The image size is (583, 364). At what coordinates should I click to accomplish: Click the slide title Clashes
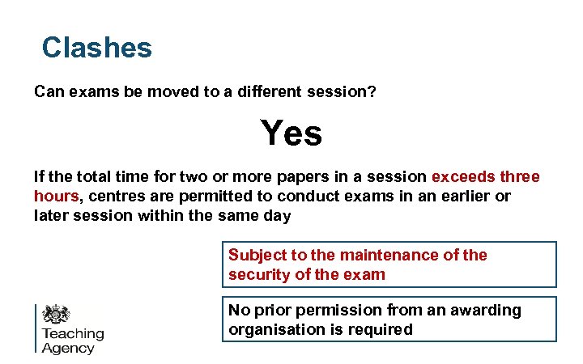point(97,48)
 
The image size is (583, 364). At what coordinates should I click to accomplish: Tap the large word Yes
point(291,133)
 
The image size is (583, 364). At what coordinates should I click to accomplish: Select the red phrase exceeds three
point(486,177)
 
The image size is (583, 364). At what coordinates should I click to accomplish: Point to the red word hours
point(56,197)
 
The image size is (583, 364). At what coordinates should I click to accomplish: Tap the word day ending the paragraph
point(276,216)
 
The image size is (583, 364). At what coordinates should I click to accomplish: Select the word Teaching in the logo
point(73,334)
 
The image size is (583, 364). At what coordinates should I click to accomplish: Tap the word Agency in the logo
point(68,349)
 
